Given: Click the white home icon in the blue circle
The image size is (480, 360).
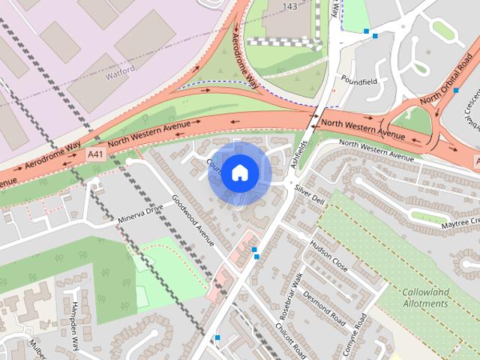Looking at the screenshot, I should coord(238,172).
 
